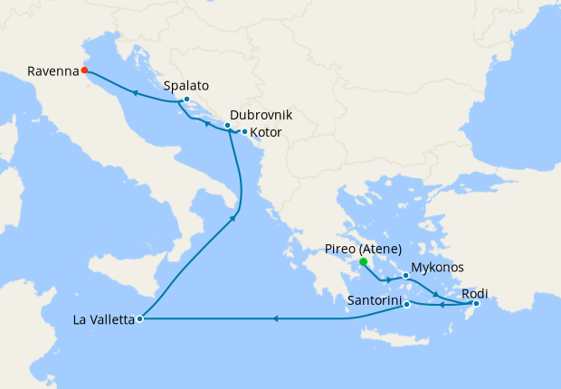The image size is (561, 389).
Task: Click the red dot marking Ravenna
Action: point(84,70)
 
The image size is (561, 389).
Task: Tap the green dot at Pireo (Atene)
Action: point(363,262)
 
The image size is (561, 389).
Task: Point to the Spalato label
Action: point(187,86)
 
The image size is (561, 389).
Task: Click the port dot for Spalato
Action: point(186,99)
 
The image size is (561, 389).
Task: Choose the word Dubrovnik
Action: point(261,116)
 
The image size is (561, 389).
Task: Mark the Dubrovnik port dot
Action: point(227,125)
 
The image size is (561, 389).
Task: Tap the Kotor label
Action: point(265,133)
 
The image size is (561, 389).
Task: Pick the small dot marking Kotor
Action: point(244,132)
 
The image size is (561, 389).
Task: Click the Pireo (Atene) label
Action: point(363,249)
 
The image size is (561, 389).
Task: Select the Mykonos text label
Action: point(437,268)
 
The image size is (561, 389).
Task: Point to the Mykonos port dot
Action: point(405,274)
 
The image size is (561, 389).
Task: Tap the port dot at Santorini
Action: point(407,304)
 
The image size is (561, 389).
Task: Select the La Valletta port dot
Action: point(139,318)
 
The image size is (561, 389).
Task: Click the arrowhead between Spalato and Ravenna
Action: point(135,92)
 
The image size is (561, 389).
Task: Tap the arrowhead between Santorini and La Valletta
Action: point(275,318)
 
